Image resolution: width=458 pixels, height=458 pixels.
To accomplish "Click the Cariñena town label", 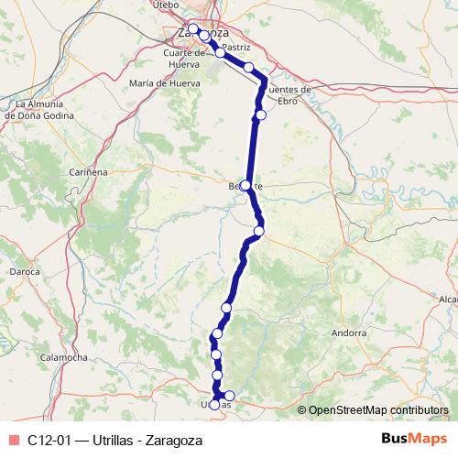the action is (90, 171).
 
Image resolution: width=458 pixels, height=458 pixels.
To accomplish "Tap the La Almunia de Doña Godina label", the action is (33, 109).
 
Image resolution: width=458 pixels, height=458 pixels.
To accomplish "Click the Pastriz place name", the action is (236, 45).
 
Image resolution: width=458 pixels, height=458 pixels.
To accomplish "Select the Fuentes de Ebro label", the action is (291, 94).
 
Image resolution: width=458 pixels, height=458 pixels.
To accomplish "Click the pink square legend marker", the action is (11, 439).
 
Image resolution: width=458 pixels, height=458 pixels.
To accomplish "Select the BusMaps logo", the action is (414, 438).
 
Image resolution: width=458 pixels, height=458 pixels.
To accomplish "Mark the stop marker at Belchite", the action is (245, 185).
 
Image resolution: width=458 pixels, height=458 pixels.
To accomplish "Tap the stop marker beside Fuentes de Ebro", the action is (261, 114).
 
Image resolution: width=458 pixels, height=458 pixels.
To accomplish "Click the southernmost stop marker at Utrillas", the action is (215, 404).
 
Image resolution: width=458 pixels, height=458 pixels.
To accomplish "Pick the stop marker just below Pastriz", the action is (248, 67).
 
